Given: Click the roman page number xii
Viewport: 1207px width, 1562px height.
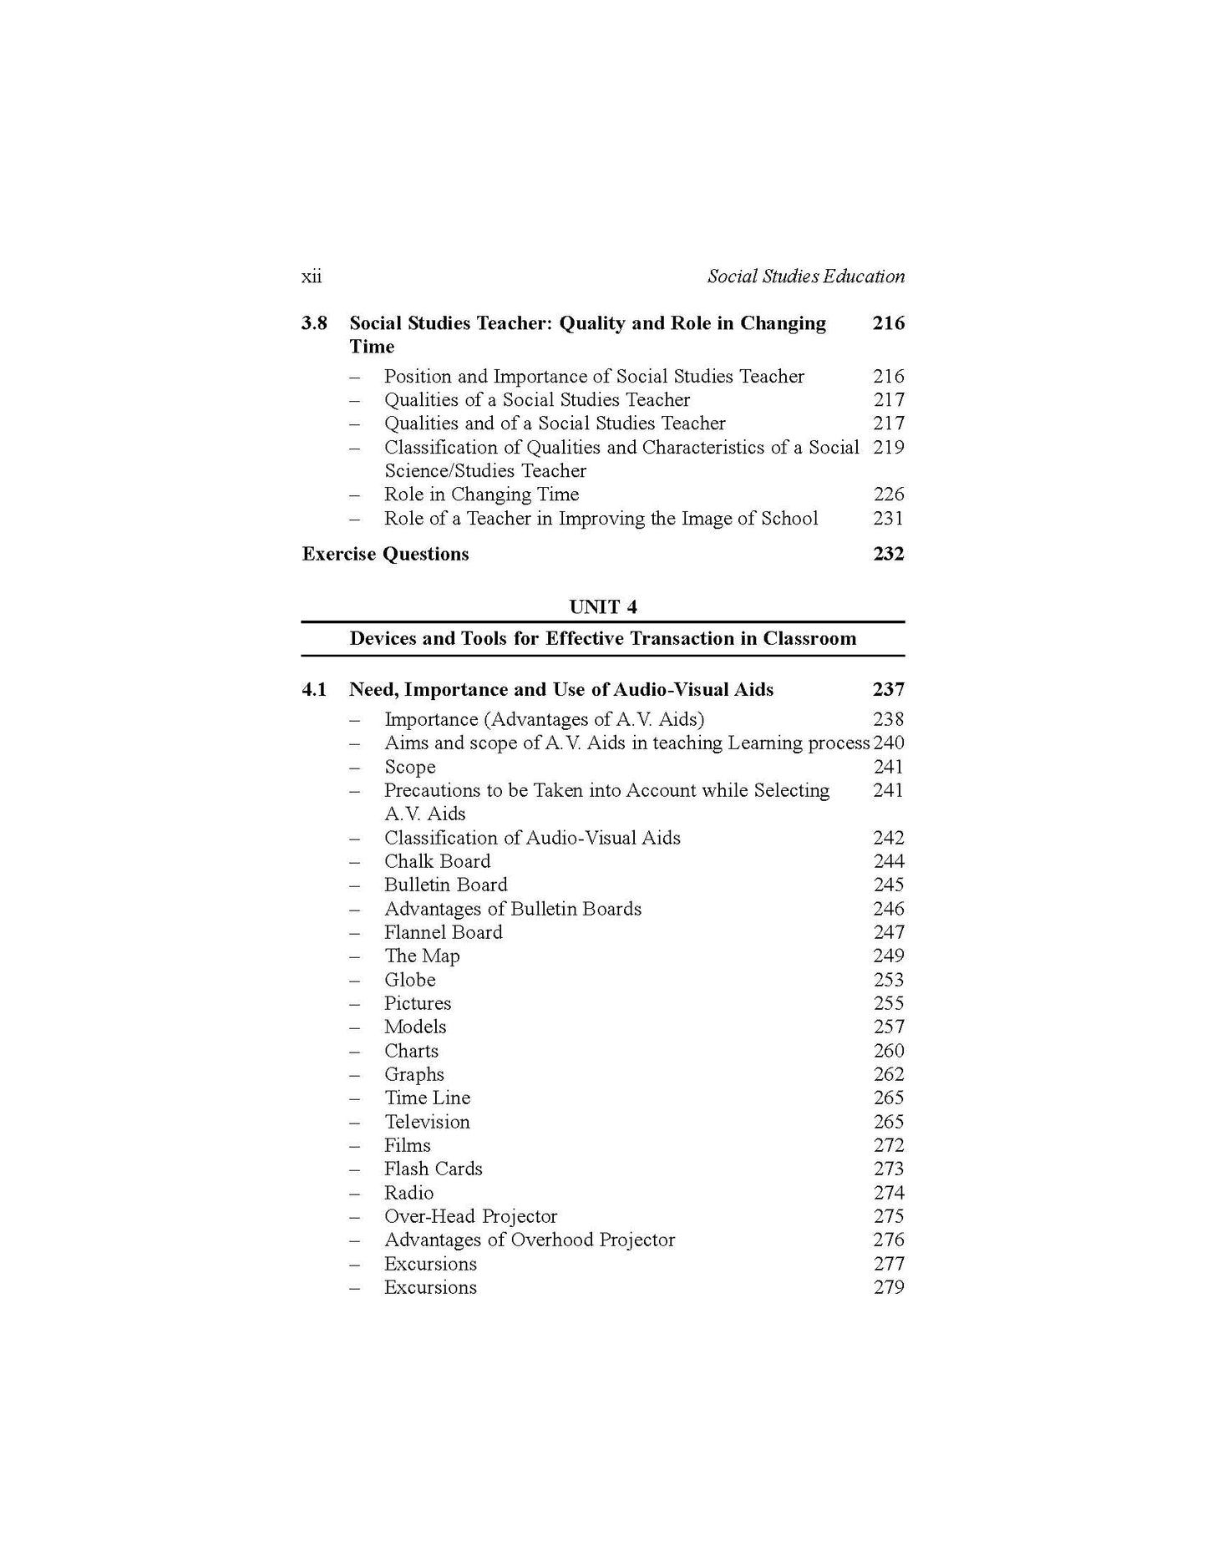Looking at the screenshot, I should click(312, 276).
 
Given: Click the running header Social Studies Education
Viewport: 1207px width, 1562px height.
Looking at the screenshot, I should click(805, 276).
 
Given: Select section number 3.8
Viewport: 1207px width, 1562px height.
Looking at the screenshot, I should click(314, 323).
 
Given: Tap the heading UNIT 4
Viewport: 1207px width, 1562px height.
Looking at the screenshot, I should click(602, 606).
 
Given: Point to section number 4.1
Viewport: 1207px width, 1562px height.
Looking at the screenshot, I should click(314, 690).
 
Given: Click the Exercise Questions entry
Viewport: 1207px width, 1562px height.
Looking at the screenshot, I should click(385, 555).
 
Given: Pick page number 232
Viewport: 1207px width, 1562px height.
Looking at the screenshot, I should click(888, 555).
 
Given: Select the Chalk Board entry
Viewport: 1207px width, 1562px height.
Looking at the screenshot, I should click(437, 862).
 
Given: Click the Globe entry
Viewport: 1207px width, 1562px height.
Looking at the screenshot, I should click(409, 980).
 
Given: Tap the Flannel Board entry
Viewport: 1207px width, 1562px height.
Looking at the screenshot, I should click(443, 933).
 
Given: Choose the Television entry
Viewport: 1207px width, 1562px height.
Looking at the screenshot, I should click(427, 1122).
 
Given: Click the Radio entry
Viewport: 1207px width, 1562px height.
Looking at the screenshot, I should click(408, 1193).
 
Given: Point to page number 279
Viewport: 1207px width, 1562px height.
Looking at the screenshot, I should click(889, 1287).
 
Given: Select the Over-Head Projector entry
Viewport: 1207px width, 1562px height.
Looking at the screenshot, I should click(470, 1216).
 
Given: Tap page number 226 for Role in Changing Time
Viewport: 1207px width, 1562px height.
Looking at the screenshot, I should click(889, 494).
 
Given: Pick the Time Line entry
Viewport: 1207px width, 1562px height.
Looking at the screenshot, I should click(427, 1098).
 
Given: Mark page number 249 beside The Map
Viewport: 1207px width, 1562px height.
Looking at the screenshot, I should click(889, 956).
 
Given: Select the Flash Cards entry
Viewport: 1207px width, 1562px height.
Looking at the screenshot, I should click(433, 1169).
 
